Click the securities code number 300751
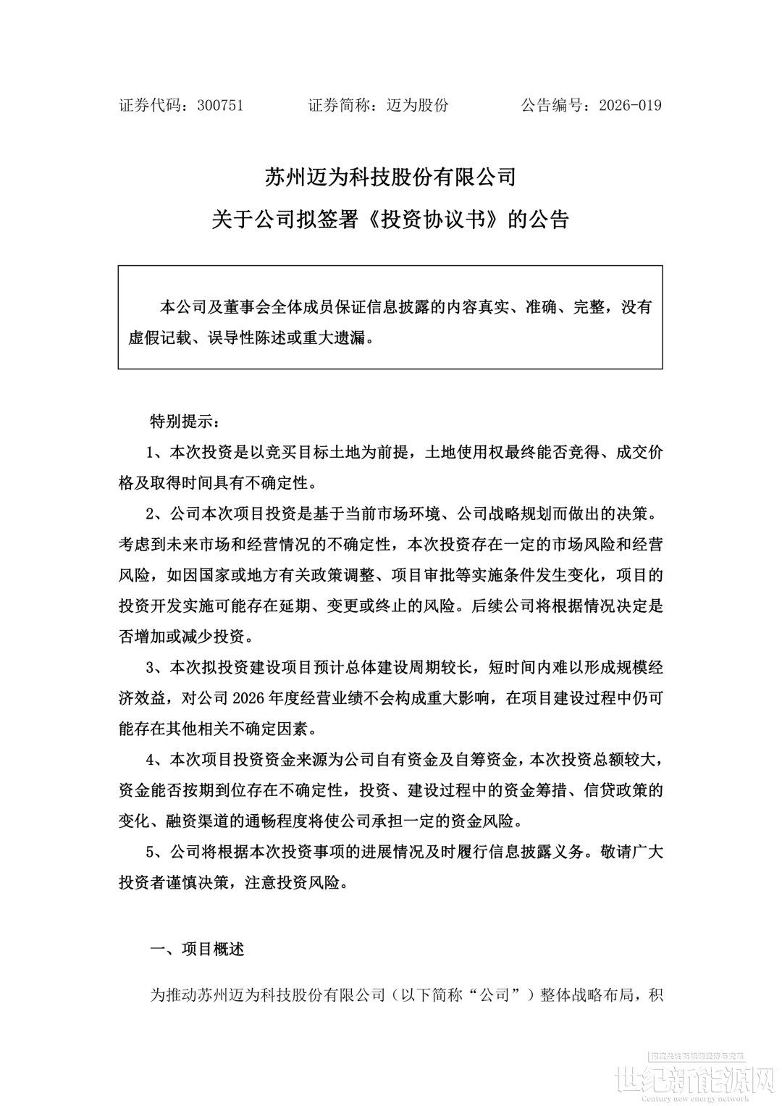220,105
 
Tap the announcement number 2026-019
630,105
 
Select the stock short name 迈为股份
418,105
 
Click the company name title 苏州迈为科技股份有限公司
390,177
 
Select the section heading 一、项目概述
197,949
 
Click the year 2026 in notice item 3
250,698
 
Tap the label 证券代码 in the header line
150,105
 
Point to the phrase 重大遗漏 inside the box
339,338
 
